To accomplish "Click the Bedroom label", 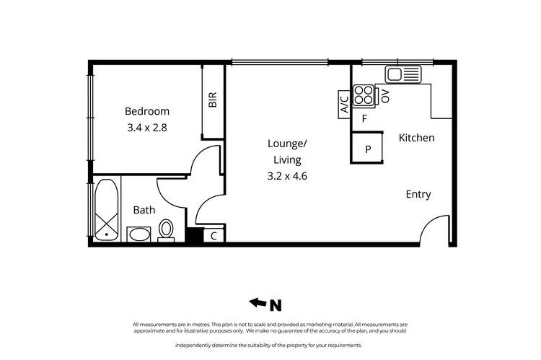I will coord(147,111).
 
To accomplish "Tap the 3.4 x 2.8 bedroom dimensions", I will coord(147,128).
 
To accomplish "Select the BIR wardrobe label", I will coord(213,100).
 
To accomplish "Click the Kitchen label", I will coord(416,137).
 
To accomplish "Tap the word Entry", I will coord(418,194).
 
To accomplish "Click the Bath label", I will coord(144,210).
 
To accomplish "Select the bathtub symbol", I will coord(107,210).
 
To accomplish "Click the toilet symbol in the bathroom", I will coord(166,230).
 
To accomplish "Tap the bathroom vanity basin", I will coord(138,234).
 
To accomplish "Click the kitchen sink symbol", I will coord(403,74).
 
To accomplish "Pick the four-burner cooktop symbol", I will coord(364,96).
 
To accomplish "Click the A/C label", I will coord(344,105).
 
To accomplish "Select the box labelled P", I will coord(368,149).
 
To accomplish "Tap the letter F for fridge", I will coord(365,118).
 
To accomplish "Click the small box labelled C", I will coord(214,236).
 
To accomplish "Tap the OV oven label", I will coord(385,96).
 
